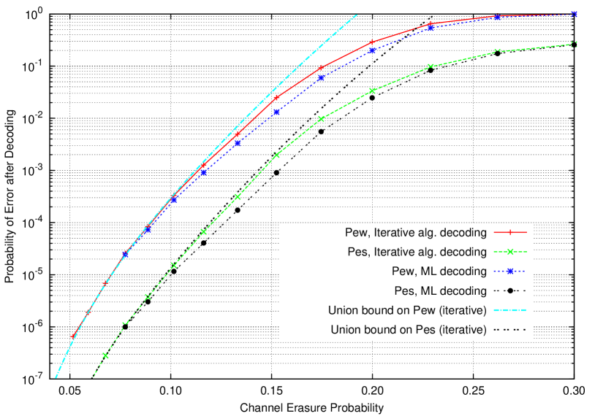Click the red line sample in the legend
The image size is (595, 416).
click(x=510, y=233)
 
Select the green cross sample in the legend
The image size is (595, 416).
click(x=510, y=252)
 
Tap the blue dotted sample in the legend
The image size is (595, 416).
click(x=510, y=271)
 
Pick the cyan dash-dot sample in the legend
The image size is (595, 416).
click(x=510, y=310)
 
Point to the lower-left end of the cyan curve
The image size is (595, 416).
click(x=56, y=377)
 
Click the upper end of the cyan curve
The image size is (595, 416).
click(x=357, y=14)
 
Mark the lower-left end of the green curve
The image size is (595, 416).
click(x=93, y=377)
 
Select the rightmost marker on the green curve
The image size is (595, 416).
click(x=574, y=45)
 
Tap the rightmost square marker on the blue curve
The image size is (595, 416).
click(x=574, y=14)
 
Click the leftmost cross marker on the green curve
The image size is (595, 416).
click(x=105, y=355)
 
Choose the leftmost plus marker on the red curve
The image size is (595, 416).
click(x=72, y=337)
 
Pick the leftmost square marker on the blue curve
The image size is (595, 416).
click(x=125, y=255)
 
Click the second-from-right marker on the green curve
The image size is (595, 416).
click(x=498, y=51)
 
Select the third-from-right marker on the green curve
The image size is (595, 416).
click(x=431, y=66)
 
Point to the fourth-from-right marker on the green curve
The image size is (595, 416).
click(x=372, y=91)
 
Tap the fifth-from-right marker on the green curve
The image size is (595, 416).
click(x=320, y=119)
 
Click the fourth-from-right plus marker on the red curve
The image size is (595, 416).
click(x=372, y=42)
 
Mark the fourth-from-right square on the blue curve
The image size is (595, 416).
click(x=372, y=50)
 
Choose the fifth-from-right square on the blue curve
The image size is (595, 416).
click(x=320, y=77)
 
